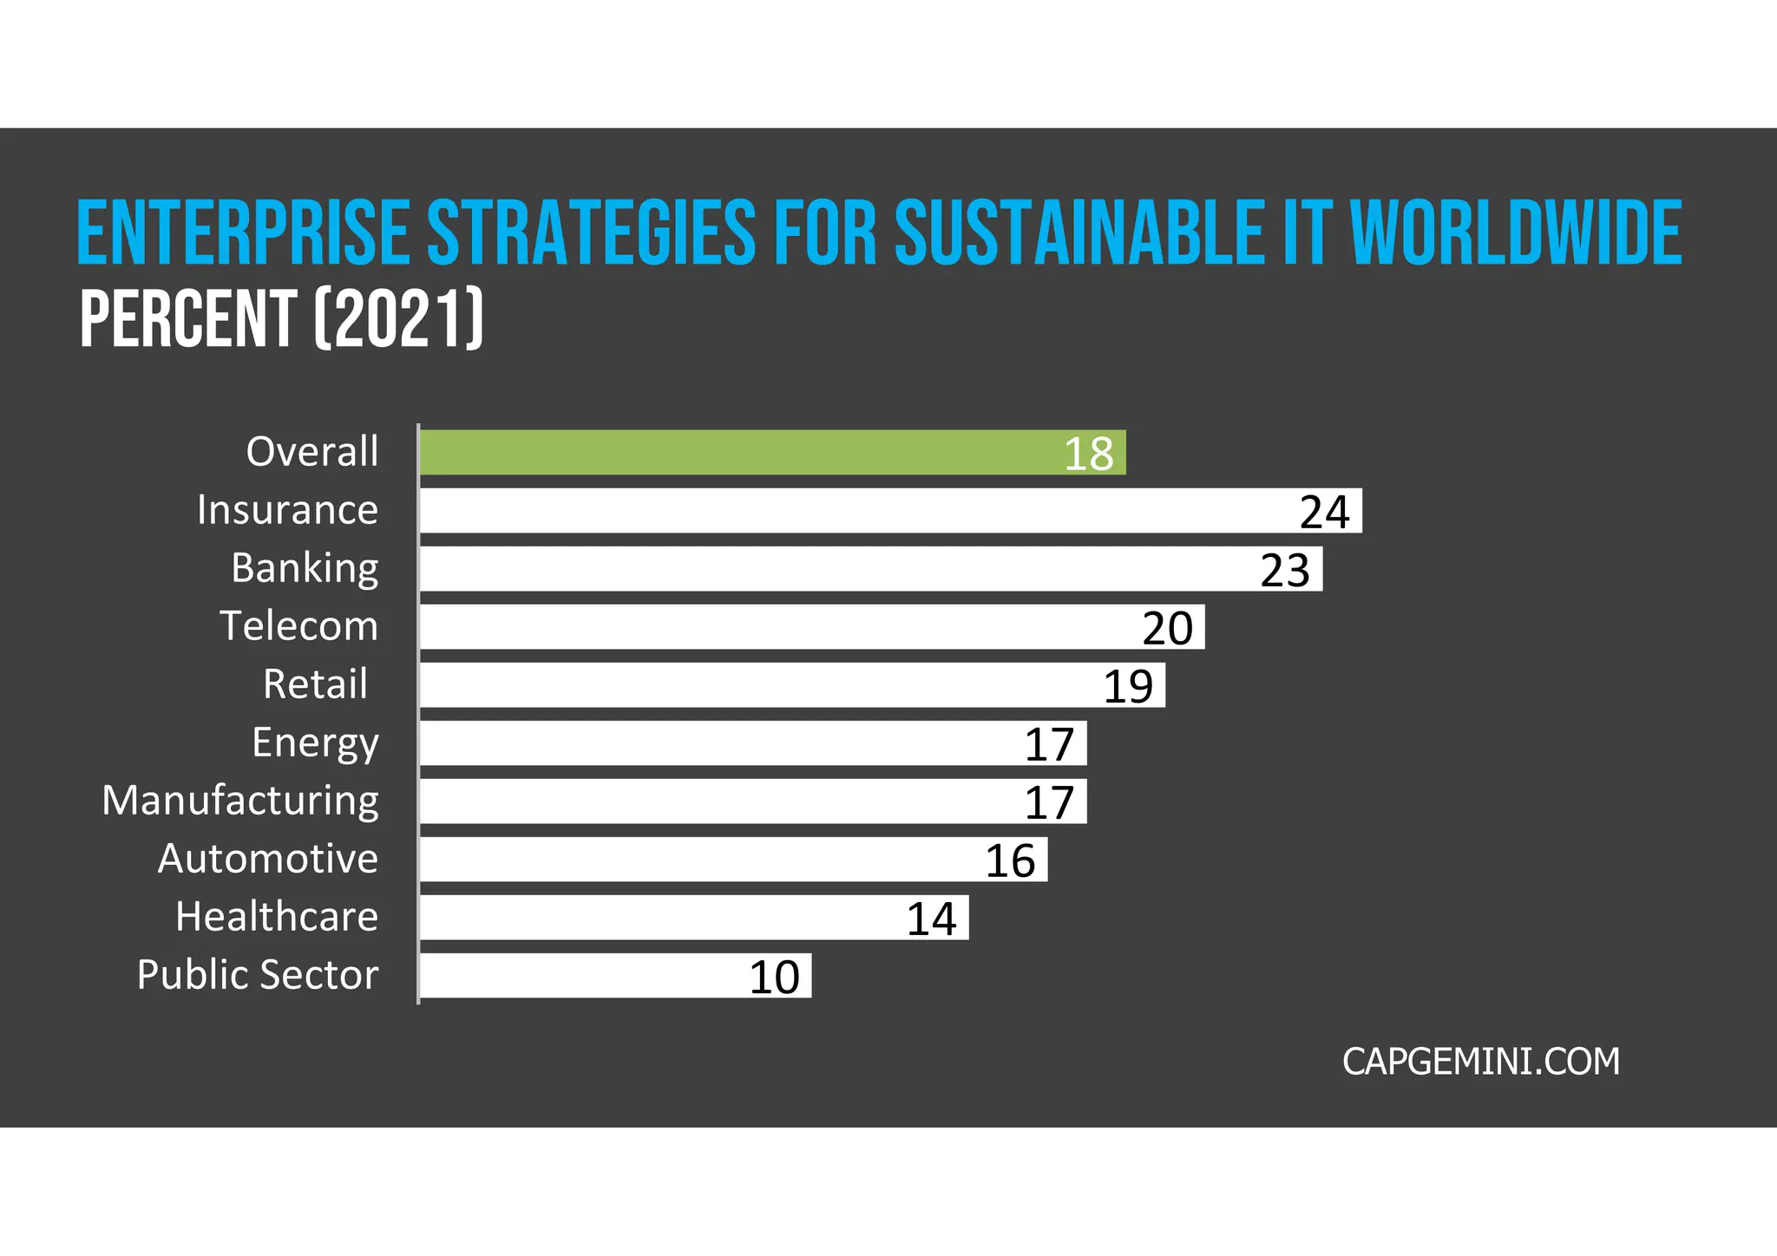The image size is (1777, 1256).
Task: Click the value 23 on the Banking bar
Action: tap(1285, 570)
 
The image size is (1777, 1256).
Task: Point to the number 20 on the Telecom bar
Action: tap(1167, 628)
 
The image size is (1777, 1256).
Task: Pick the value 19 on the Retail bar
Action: tap(1128, 686)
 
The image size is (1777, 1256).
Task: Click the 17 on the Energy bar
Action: tap(1049, 744)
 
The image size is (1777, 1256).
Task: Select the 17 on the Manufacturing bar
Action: tap(1049, 802)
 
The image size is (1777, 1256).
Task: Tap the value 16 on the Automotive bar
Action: tap(1010, 860)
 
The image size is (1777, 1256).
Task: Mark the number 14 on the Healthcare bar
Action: tap(931, 919)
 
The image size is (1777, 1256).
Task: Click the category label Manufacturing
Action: tap(240, 801)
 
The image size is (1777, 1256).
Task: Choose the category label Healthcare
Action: tap(277, 917)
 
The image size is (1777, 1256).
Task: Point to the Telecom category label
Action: tap(298, 626)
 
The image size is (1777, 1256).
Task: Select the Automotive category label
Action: tap(267, 859)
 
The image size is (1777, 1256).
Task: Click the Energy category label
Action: tap(315, 743)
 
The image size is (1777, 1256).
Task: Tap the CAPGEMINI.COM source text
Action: tap(1480, 1062)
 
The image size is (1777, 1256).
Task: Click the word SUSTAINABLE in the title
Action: tap(1079, 232)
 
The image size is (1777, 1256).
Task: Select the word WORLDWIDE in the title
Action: tap(1516, 232)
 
